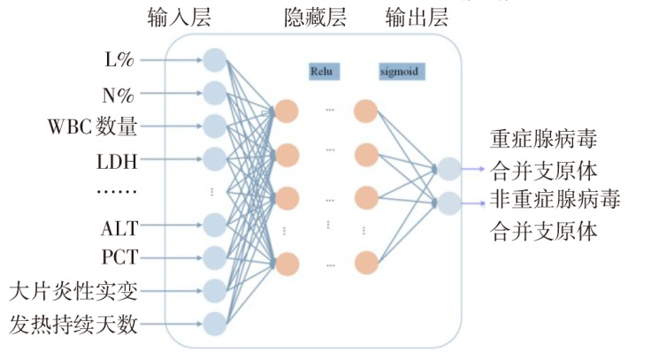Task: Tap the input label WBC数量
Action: point(93,126)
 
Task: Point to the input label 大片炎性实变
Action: point(74,290)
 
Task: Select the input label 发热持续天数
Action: point(74,324)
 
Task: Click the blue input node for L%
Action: point(215,61)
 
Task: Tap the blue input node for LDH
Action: point(215,159)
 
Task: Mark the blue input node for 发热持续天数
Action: point(215,323)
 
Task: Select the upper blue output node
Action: point(448,168)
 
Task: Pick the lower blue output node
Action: point(448,203)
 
